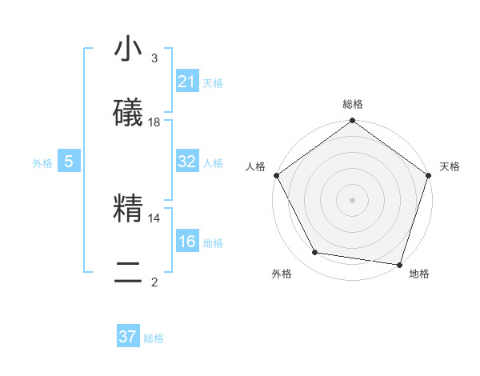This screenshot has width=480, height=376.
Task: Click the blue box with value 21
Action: pyautogui.click(x=186, y=82)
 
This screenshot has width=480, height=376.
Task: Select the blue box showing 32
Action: pyautogui.click(x=186, y=162)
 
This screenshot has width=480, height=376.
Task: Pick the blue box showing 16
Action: pyautogui.click(x=186, y=242)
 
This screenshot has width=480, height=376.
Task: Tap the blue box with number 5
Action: pyautogui.click(x=69, y=162)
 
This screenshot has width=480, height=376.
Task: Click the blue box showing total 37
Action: pyautogui.click(x=128, y=337)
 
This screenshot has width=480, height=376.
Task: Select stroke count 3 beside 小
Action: pyautogui.click(x=154, y=58)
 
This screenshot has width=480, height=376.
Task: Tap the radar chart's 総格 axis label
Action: pyautogui.click(x=353, y=104)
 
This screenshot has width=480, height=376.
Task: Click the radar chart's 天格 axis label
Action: pyautogui.click(x=450, y=166)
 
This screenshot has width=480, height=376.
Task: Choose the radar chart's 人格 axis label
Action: pyautogui.click(x=256, y=166)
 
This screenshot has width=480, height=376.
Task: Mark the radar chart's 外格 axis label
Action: pyautogui.click(x=282, y=274)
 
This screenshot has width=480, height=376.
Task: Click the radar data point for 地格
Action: pyautogui.click(x=399, y=264)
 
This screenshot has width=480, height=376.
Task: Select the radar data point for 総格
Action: pyautogui.click(x=353, y=122)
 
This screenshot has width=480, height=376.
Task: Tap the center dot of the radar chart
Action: pyautogui.click(x=353, y=200)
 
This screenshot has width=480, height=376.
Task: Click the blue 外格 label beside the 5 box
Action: pyautogui.click(x=42, y=163)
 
